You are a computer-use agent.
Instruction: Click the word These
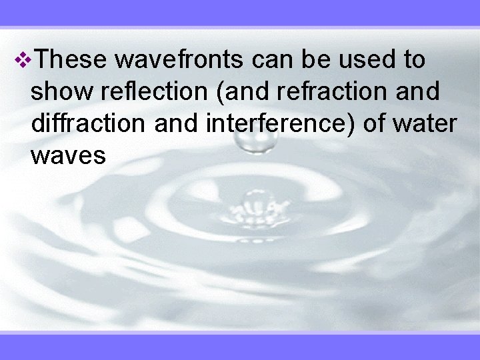pyautogui.click(x=69, y=60)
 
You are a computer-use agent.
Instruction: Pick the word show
pyautogui.click(x=61, y=92)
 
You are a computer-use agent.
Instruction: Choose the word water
pyautogui.click(x=422, y=124)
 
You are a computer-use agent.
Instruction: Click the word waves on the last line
pyautogui.click(x=68, y=156)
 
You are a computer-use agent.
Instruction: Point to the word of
pyautogui.click(x=371, y=124)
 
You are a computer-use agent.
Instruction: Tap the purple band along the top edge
pyautogui.click(x=240, y=13)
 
